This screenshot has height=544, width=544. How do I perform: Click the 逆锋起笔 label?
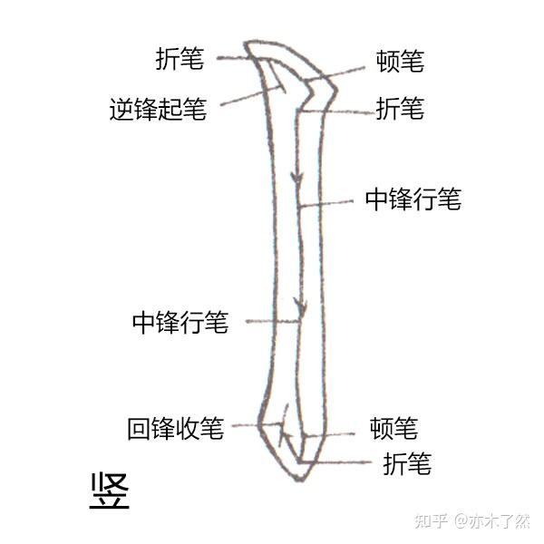[x=158, y=111]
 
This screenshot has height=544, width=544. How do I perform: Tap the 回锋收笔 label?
[x=176, y=428]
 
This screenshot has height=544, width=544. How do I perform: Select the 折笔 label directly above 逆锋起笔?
[x=180, y=60]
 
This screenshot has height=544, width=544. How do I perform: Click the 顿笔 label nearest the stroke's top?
[x=400, y=62]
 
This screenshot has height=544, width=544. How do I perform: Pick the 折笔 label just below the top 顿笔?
[x=400, y=110]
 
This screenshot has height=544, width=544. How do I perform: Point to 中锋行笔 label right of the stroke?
[x=413, y=199]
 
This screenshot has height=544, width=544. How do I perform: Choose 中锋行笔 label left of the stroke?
[x=180, y=322]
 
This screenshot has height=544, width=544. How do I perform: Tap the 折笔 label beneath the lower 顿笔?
[x=406, y=464]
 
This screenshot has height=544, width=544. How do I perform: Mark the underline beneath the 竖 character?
[x=110, y=510]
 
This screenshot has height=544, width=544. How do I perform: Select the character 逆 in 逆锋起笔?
[x=121, y=111]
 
